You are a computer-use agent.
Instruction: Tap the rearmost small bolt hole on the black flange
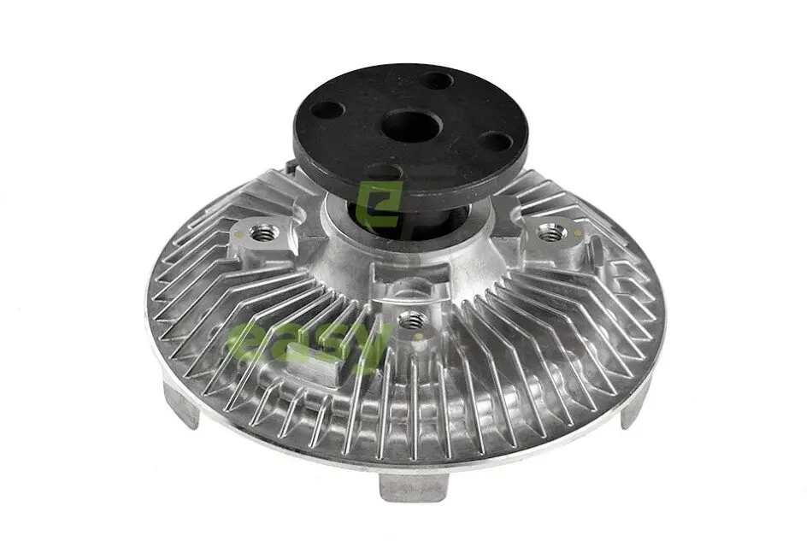click(x=436, y=80)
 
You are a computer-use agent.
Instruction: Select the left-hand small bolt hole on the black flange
click(x=328, y=109)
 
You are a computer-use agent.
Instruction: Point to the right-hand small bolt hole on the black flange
click(x=497, y=140)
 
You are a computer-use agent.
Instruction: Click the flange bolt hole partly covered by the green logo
click(x=382, y=172)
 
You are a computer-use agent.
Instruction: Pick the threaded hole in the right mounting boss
click(x=550, y=233)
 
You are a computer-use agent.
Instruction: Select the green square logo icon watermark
click(x=380, y=205)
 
